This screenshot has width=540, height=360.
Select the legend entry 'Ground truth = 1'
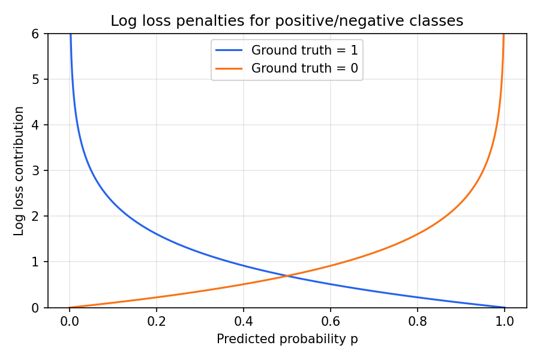(304, 49)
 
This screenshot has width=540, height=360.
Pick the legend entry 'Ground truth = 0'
(304, 68)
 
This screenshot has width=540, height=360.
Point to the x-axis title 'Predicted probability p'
(287, 339)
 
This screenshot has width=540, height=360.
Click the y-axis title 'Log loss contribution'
(19, 171)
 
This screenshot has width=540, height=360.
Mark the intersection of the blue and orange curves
(287, 276)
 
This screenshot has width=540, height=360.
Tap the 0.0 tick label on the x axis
(70, 321)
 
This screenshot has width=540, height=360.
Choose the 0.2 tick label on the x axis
(157, 321)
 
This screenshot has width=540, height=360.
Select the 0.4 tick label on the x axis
(244, 321)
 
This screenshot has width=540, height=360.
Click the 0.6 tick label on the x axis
(331, 321)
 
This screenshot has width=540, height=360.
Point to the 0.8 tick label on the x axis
(418, 321)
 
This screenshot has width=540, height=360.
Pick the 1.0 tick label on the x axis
(505, 321)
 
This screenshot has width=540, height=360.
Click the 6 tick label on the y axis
(35, 34)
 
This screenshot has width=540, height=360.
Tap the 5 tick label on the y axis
(35, 80)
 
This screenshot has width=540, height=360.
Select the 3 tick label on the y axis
(35, 171)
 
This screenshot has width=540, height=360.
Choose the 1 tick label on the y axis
(35, 262)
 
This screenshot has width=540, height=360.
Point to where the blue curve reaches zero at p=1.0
(505, 307)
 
